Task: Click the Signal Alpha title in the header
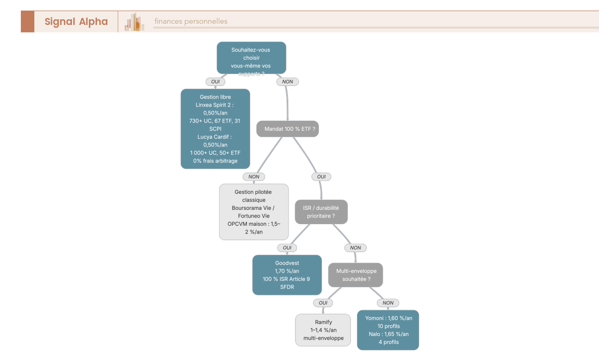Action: (x=76, y=21)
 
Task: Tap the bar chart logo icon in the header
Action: (x=134, y=22)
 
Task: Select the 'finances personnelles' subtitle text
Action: (x=191, y=21)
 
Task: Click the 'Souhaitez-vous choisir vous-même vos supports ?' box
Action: (x=251, y=58)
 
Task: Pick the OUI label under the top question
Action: (x=215, y=81)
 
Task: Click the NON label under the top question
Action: (x=288, y=81)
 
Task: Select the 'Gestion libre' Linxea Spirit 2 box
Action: (x=215, y=129)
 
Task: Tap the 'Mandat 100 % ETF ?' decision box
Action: (x=288, y=129)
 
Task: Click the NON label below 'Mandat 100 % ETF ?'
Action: (x=254, y=177)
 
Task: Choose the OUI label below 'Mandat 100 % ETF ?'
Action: (x=321, y=177)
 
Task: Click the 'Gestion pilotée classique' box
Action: (x=254, y=211)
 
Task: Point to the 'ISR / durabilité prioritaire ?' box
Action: (x=321, y=212)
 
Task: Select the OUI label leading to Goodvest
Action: (x=287, y=248)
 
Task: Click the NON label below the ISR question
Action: (x=355, y=248)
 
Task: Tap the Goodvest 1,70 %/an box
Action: (x=287, y=275)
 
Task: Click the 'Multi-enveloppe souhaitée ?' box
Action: (x=355, y=275)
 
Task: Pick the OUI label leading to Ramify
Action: (x=323, y=303)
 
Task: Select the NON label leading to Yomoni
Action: (x=388, y=303)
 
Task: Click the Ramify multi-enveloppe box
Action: (x=323, y=330)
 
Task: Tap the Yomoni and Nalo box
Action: (x=388, y=330)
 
